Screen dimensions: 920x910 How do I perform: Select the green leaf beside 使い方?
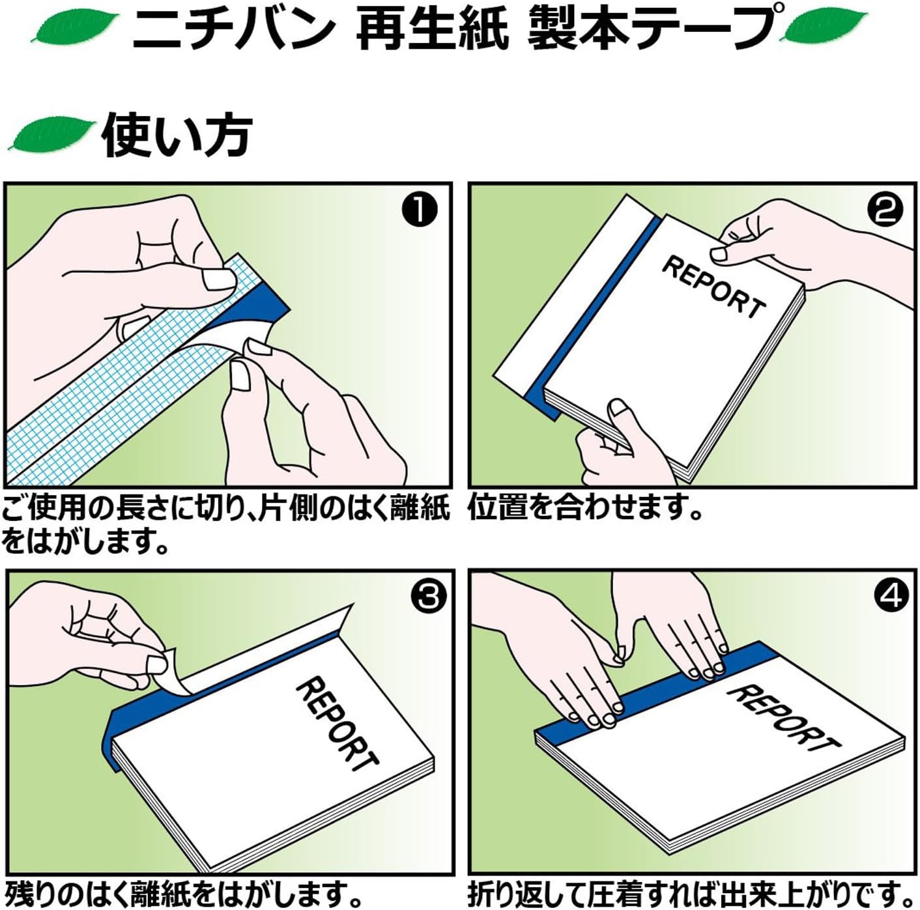click(x=51, y=134)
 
